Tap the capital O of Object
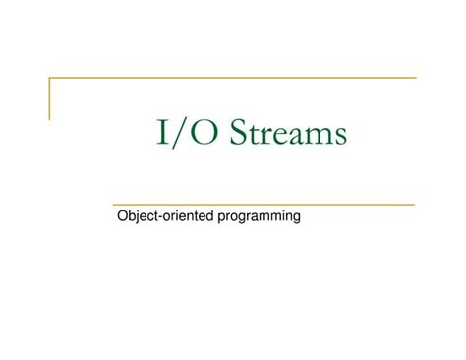[122, 214]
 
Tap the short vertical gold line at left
[50, 97]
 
